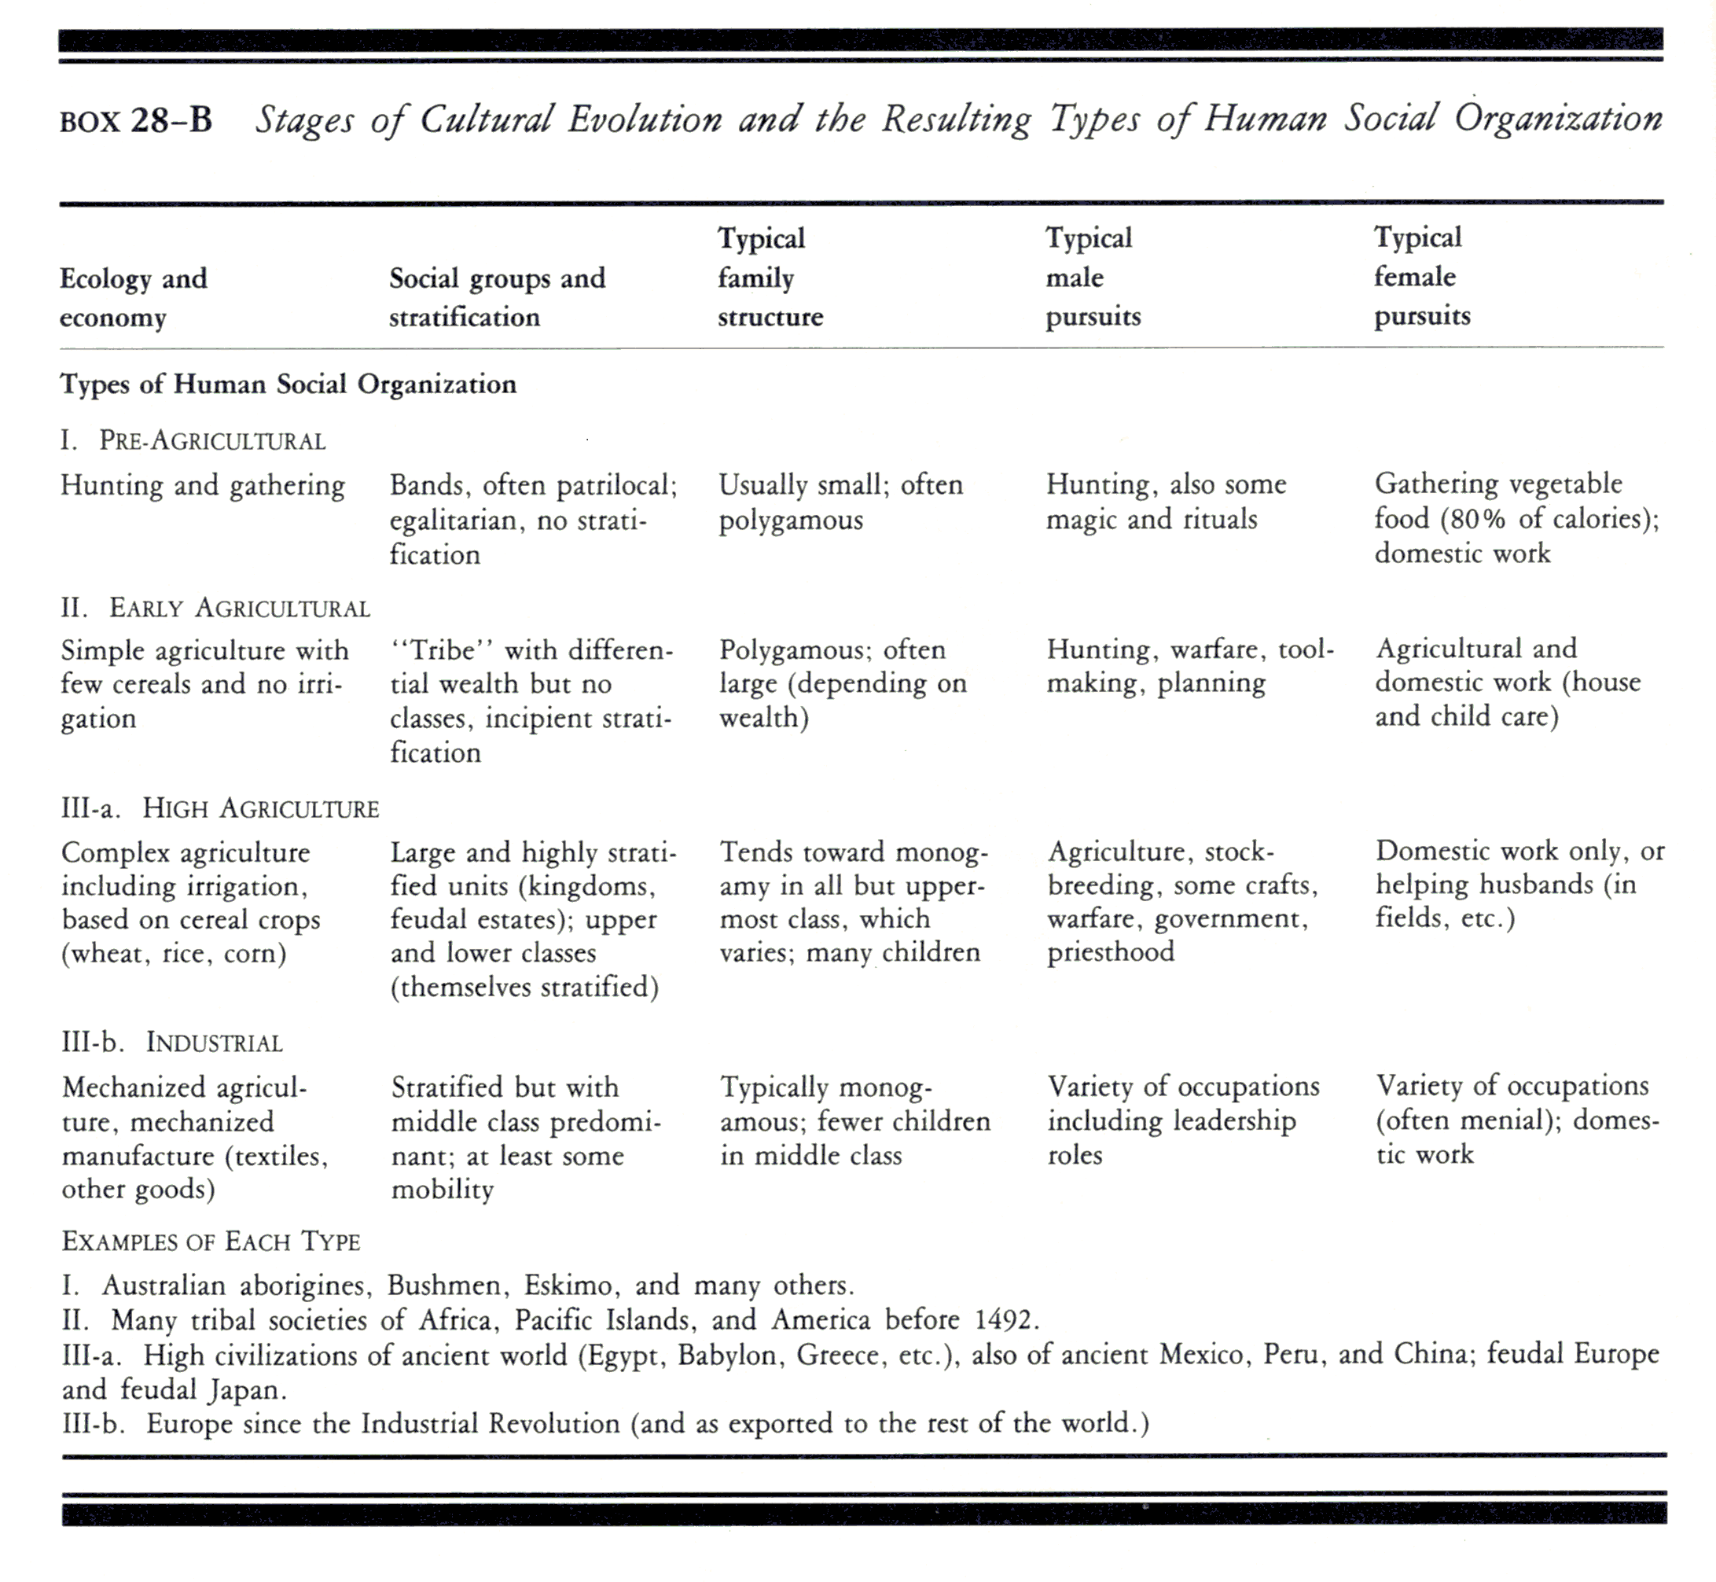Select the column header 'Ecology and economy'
134,298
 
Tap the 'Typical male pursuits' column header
1093,277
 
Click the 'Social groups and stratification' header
498,298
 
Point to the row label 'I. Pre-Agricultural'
193,441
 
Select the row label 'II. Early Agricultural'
215,609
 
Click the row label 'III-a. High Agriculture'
220,809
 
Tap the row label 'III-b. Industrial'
172,1043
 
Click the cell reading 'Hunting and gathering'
203,485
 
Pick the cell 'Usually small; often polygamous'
840,502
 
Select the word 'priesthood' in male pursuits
1111,952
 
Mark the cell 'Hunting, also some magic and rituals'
1166,502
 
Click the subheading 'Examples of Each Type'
211,1242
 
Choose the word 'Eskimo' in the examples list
568,1286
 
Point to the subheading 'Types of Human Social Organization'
288,384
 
